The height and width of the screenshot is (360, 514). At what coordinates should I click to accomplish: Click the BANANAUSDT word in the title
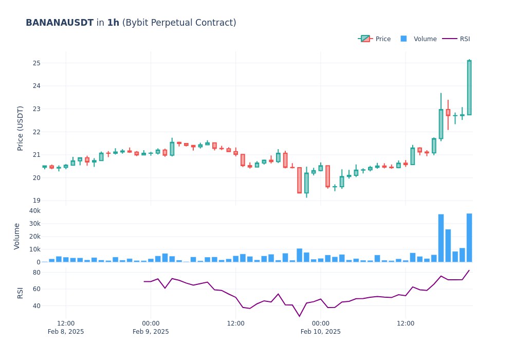coord(60,23)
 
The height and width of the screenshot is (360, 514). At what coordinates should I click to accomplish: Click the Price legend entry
coord(383,39)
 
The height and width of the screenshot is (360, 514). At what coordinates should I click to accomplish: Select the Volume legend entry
coord(425,39)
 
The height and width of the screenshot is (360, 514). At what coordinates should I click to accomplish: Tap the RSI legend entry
coord(465,39)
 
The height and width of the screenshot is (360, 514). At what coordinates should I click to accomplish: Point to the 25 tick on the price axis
coord(36,63)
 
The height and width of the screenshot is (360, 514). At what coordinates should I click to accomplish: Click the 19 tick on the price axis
coord(36,201)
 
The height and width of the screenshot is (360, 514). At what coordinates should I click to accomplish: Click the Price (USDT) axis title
coord(21,128)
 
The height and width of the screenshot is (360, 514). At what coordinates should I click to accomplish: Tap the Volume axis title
coord(17,236)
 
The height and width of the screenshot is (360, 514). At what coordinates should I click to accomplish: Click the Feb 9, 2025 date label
coord(151,331)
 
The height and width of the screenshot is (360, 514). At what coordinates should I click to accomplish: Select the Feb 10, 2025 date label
coord(320,331)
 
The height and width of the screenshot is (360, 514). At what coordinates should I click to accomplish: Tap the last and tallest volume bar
coord(469,238)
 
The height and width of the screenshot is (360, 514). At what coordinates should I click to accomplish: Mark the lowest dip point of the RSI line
coord(299,316)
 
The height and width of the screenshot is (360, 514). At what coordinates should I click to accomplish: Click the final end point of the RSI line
coord(469,270)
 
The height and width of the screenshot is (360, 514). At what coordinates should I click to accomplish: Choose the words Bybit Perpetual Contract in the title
coord(179,23)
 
